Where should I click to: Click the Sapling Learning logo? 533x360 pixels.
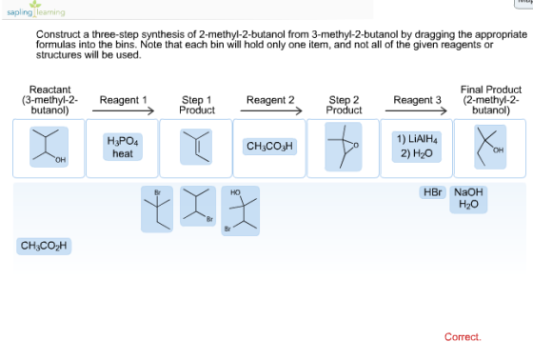point(36,10)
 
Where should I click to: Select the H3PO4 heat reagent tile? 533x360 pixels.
point(123,147)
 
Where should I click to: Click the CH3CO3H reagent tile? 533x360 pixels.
point(269,147)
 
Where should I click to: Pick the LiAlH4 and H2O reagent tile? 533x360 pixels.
point(417,147)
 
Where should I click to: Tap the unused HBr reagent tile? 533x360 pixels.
point(432,192)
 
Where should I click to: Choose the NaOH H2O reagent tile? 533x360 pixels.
point(468,199)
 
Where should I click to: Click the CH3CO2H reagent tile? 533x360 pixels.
point(44,246)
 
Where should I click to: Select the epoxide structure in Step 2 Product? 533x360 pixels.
point(344,147)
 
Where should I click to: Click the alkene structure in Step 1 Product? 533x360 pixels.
point(196,147)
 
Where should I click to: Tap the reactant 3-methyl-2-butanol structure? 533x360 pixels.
point(49,147)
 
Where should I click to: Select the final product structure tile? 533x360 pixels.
point(490,147)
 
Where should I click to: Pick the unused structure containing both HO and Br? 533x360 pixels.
point(240,210)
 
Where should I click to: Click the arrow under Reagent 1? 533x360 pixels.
point(123,110)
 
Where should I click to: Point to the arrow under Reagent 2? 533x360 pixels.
point(271,110)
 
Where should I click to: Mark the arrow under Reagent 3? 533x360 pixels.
point(416,110)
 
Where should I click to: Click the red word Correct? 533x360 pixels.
point(463,337)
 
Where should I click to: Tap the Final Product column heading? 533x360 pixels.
point(491,100)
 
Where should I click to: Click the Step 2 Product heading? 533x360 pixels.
point(344,105)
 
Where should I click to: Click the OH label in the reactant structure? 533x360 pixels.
point(61,160)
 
